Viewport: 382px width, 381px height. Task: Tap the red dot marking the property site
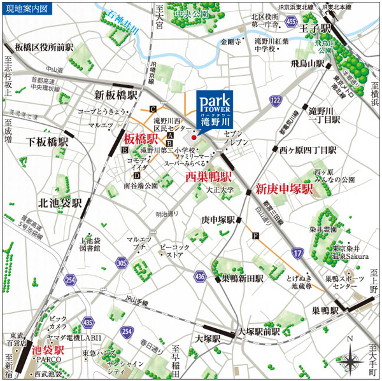pyautogui.click(x=194, y=136)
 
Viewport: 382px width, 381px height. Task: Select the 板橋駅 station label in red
pyautogui.click(x=141, y=139)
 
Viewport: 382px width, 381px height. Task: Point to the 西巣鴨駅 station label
pyautogui.click(x=208, y=177)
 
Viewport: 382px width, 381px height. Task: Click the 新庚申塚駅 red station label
pyautogui.click(x=284, y=189)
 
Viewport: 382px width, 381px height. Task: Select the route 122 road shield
pyautogui.click(x=275, y=101)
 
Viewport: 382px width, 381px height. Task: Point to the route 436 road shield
pyautogui.click(x=199, y=277)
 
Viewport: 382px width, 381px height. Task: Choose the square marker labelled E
pyautogui.click(x=125, y=150)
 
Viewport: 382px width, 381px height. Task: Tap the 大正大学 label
pyautogui.click(x=220, y=190)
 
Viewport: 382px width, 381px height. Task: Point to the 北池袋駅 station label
pyautogui.click(x=60, y=204)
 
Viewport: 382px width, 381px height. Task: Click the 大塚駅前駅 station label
pyautogui.click(x=259, y=331)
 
